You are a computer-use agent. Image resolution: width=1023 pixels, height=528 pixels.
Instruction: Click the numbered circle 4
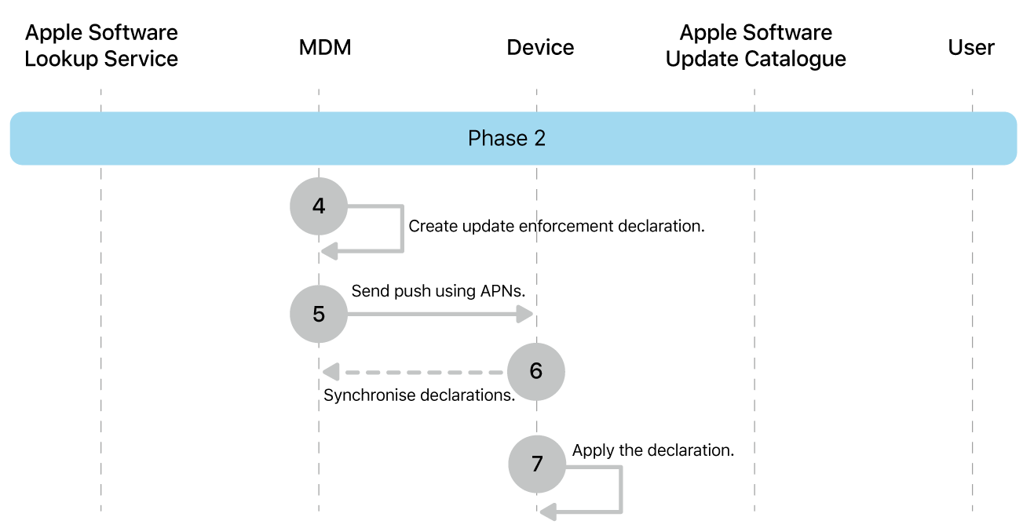coord(318,206)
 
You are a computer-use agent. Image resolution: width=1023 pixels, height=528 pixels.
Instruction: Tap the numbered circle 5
coord(318,314)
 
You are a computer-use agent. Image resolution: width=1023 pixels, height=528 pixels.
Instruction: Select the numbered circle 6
coord(535,371)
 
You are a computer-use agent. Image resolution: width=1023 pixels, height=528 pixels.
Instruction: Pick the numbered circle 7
coord(536,464)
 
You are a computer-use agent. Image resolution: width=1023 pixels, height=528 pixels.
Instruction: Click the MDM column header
coord(325,48)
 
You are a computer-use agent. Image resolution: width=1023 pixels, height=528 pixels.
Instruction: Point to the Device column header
coord(540,48)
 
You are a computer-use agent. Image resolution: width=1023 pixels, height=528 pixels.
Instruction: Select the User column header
coord(971,48)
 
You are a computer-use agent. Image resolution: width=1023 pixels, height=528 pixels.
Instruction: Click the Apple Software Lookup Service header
coord(101,46)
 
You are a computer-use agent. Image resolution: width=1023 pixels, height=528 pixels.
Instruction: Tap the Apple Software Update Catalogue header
coord(755,46)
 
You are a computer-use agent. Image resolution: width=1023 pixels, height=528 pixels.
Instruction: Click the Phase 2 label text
coord(506,139)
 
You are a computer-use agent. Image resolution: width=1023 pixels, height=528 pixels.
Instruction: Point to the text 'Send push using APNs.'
coord(438,291)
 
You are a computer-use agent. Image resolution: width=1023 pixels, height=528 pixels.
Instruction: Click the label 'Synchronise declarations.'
coord(419,395)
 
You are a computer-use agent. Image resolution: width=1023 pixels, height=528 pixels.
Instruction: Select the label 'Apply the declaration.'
coord(653,450)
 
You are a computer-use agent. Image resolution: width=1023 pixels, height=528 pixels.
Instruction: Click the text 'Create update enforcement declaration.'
coord(557,227)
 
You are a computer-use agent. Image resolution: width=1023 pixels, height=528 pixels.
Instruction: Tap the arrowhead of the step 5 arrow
coord(525,314)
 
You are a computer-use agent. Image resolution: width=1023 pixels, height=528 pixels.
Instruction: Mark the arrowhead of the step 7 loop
coord(548,512)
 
